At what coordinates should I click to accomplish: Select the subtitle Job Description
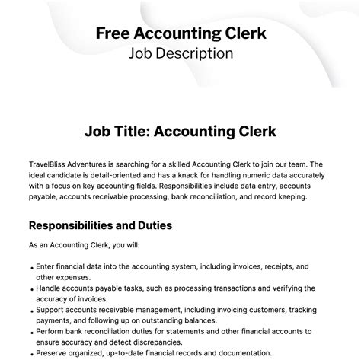pyautogui.click(x=180, y=53)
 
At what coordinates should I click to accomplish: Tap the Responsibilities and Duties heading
pyautogui.click(x=100, y=225)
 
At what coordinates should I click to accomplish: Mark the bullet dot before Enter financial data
pyautogui.click(x=31, y=268)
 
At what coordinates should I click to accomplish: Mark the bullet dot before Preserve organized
pyautogui.click(x=31, y=354)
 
